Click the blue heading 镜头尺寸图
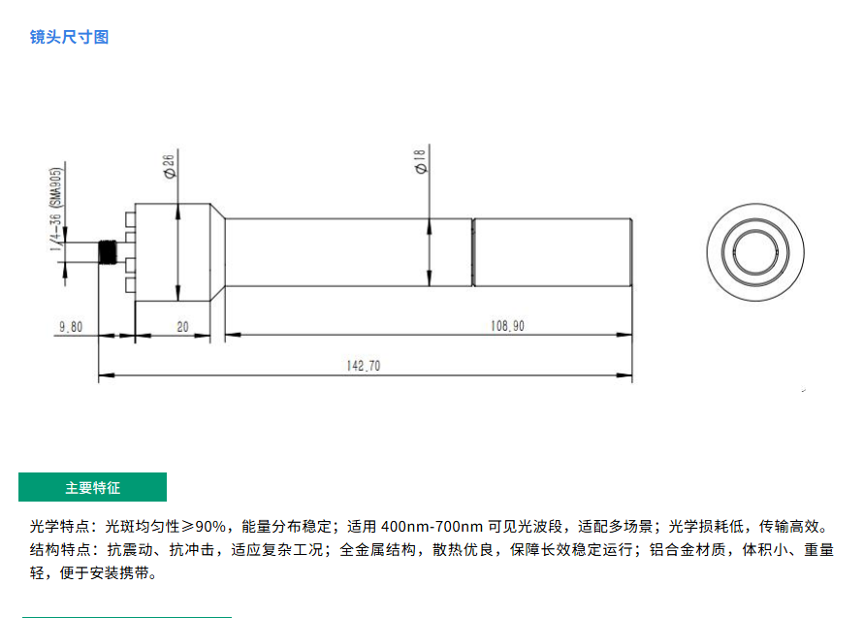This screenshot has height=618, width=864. pyautogui.click(x=69, y=37)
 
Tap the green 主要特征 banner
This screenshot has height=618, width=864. pyautogui.click(x=92, y=487)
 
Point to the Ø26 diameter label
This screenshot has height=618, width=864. pyautogui.click(x=169, y=165)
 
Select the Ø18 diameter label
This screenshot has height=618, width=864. pyautogui.click(x=421, y=161)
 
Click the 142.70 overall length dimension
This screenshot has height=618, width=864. pyautogui.click(x=364, y=366)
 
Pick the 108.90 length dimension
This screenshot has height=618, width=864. pyautogui.click(x=507, y=326)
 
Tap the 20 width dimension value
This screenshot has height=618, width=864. pyautogui.click(x=182, y=327)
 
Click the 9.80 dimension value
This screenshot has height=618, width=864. pyautogui.click(x=71, y=327)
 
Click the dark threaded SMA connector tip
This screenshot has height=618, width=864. pyautogui.click(x=108, y=252)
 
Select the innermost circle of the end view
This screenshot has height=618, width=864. pyautogui.click(x=754, y=252)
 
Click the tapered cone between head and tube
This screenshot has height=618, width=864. pyautogui.click(x=217, y=252)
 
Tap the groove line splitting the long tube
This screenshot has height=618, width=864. pyautogui.click(x=473, y=252)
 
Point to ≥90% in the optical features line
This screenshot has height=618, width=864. pyautogui.click(x=204, y=527)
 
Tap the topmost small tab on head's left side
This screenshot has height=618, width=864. pyautogui.click(x=130, y=219)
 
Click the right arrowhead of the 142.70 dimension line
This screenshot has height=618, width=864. pyautogui.click(x=624, y=375)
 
